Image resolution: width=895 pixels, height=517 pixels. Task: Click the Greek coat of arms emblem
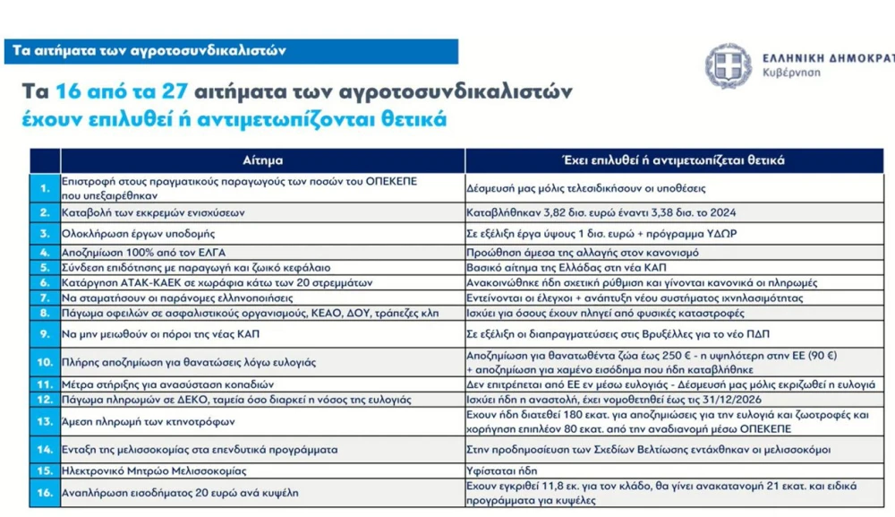[x=728, y=65]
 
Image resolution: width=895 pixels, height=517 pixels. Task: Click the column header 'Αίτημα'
[x=262, y=160]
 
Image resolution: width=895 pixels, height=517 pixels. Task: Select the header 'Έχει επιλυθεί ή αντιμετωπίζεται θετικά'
[x=672, y=160]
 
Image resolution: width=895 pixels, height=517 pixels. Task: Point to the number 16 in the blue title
[x=68, y=92]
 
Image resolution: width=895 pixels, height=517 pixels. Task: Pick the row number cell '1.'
[x=44, y=187]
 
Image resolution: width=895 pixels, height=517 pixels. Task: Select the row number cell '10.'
[x=44, y=362]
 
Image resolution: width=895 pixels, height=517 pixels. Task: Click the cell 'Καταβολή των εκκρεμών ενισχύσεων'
[x=153, y=213]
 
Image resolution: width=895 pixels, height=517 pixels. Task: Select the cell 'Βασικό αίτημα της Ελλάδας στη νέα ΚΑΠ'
[x=567, y=267]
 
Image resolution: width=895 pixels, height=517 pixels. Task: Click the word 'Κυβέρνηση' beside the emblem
[x=792, y=73]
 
